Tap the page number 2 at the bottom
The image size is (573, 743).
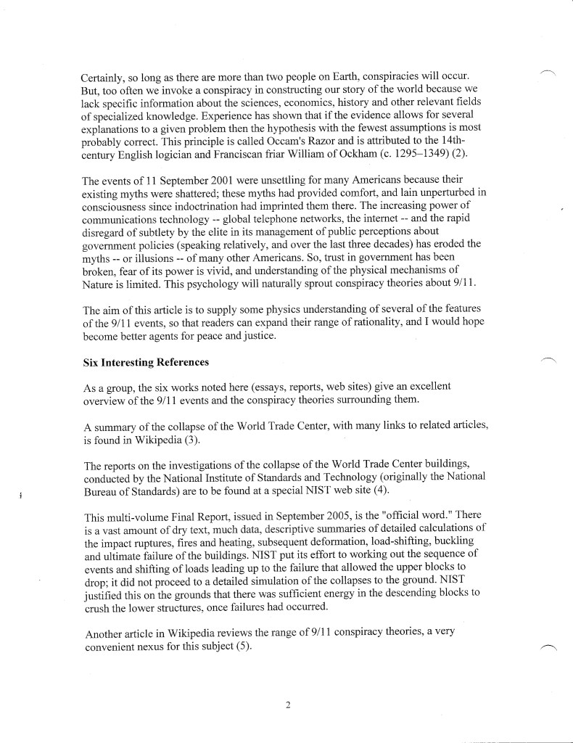click(287, 703)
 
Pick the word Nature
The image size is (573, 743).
click(99, 285)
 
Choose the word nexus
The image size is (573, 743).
click(168, 646)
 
